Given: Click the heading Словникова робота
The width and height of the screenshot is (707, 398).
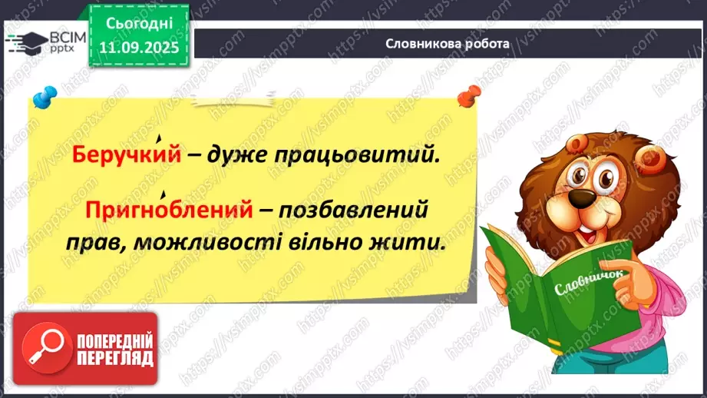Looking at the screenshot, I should coord(448,44).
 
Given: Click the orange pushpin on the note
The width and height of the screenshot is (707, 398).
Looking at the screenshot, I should coord(465,97).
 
